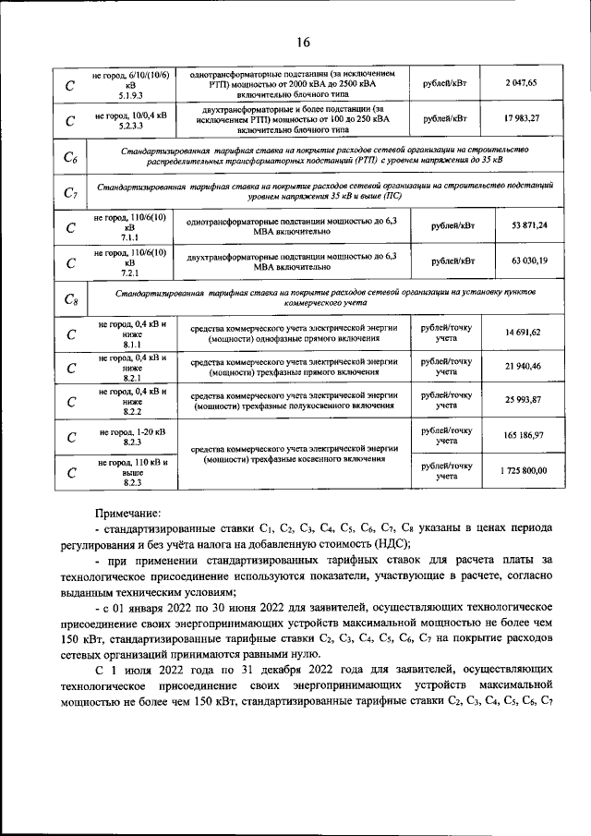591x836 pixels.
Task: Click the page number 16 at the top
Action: pos(304,42)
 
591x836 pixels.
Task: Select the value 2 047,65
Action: pos(521,83)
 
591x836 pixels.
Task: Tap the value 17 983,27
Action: pos(521,118)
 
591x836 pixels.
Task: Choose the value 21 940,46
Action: pos(524,367)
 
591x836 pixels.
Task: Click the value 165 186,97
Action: pos(524,434)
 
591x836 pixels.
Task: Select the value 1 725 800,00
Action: pos(524,470)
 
